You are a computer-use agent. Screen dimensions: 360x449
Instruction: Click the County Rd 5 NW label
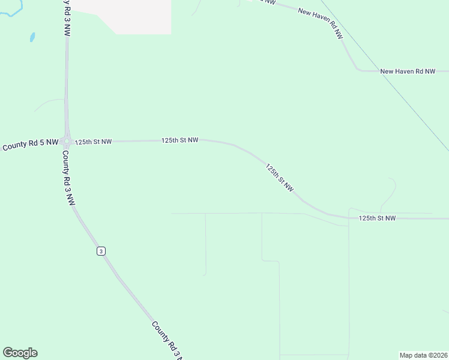30,145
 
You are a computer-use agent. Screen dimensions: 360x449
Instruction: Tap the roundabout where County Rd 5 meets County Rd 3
67,142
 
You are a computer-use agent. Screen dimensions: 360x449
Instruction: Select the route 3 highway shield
101,251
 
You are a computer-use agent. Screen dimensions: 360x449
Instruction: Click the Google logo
20,353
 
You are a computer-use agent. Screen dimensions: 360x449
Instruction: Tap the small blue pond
32,37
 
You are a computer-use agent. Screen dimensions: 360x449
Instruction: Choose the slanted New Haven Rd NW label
321,23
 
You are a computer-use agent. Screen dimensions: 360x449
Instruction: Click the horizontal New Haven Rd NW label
408,71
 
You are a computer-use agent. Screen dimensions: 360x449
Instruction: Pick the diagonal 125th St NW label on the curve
280,178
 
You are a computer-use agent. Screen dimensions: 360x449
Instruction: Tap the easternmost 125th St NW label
377,218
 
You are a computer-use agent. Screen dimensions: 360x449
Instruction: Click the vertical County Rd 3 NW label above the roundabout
65,19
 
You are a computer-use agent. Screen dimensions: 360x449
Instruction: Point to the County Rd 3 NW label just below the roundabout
68,178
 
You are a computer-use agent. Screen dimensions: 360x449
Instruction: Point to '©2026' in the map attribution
436,355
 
